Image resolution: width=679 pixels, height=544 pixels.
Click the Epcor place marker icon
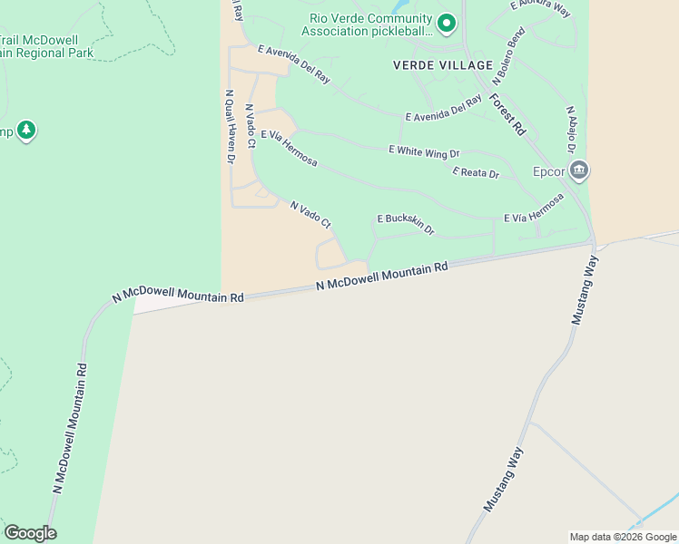580,170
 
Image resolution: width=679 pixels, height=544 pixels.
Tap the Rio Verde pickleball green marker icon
446,23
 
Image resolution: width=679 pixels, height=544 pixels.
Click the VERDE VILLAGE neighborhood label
434,64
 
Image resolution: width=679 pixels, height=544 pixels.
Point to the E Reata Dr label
476,172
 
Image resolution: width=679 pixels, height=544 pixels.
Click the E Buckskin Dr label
406,223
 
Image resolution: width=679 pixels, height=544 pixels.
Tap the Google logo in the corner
30,533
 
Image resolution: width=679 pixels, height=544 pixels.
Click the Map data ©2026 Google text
623,537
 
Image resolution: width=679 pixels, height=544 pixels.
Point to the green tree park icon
26,131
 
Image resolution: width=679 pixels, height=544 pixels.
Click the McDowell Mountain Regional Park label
50,46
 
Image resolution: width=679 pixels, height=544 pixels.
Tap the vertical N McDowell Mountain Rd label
70,428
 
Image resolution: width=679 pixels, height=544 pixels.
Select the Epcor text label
549,171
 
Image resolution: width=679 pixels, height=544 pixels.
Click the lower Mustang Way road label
504,479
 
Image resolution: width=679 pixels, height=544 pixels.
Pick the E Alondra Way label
540,9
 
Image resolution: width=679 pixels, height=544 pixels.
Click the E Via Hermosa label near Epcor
534,208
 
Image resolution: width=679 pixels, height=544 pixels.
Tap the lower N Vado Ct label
311,215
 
